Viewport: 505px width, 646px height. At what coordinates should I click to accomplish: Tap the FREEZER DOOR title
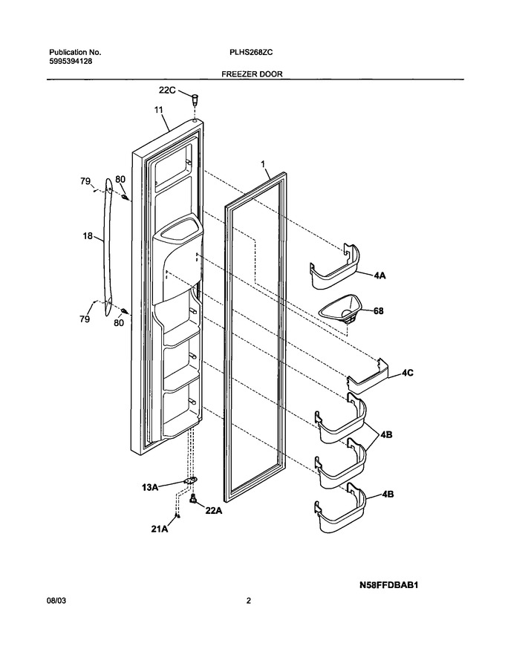click(252, 74)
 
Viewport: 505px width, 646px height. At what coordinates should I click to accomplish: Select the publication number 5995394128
click(71, 62)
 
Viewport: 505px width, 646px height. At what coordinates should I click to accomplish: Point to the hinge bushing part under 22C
click(194, 99)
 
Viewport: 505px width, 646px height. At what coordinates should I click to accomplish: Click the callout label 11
click(159, 110)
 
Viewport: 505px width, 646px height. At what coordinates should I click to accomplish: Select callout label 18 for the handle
click(88, 236)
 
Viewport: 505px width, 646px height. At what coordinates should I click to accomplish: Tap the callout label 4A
click(379, 276)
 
